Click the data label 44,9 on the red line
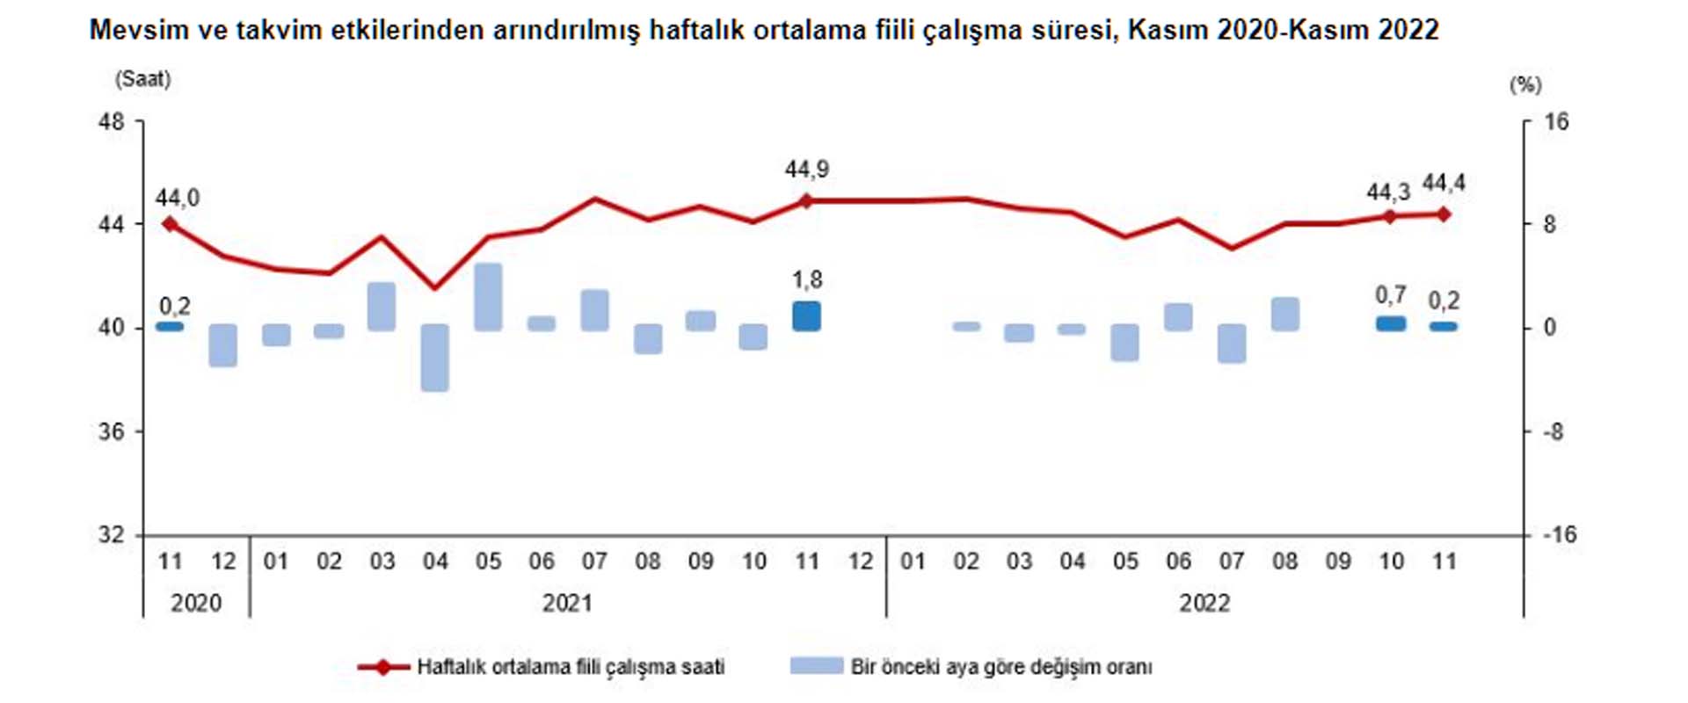coord(806,169)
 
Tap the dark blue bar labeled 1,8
coord(806,316)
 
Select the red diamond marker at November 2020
coord(171,224)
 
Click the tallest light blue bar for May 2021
coord(488,297)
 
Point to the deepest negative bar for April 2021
coord(435,358)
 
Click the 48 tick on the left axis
coord(112,122)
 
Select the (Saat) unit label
coord(142,79)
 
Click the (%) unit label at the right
coord(1525,85)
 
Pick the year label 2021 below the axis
coord(567,603)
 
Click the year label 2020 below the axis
coord(196,603)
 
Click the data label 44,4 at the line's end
coord(1444,183)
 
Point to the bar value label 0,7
coord(1391,295)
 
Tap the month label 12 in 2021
coord(861,562)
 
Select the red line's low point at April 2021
coord(434,287)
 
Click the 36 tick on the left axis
coord(112,431)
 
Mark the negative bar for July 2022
coord(1232,344)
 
